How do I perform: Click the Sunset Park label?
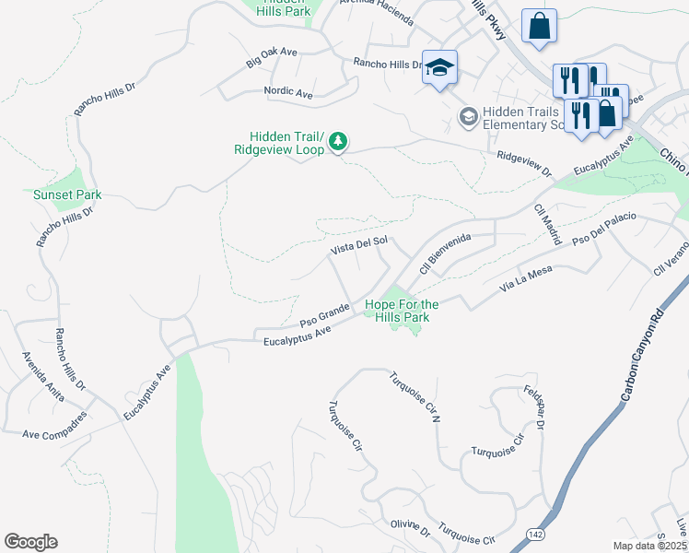click(67, 194)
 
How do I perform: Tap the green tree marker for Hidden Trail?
click(340, 140)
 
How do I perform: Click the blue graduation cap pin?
click(440, 68)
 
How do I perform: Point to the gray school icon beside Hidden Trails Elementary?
click(468, 118)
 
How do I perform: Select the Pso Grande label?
click(324, 314)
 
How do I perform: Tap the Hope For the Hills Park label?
click(402, 311)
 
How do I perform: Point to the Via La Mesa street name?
click(526, 274)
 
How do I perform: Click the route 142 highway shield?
click(533, 534)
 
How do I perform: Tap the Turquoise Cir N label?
click(411, 397)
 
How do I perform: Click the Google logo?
click(30, 541)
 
